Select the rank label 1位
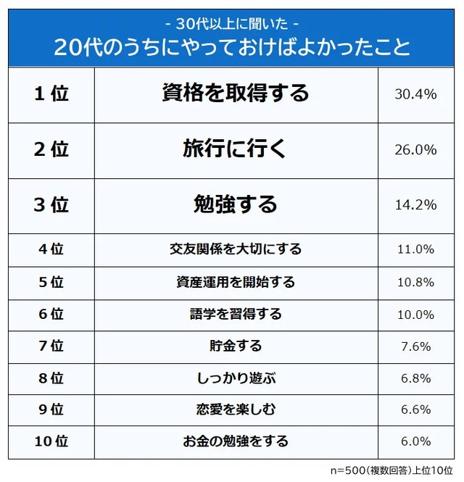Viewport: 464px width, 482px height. point(51,94)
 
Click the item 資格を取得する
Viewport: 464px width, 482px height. point(236,94)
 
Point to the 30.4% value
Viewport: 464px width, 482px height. point(415,94)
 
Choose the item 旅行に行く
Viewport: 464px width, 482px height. point(236,149)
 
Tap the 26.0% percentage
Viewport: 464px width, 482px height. point(415,150)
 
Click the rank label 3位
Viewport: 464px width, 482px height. point(51,205)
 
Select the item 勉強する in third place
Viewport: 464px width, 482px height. point(236,204)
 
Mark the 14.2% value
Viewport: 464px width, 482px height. point(415,205)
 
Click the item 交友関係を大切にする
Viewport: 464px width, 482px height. point(236,249)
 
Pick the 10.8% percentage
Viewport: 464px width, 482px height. point(415,282)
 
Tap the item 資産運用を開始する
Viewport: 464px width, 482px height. point(236,282)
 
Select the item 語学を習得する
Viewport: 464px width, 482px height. point(236,314)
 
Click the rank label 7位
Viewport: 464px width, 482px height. point(51,346)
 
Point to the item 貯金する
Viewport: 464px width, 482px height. point(236,346)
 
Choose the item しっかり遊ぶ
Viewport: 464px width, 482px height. point(236,378)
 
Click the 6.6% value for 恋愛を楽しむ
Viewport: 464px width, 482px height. point(415,410)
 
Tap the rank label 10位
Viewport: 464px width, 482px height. point(51,441)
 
